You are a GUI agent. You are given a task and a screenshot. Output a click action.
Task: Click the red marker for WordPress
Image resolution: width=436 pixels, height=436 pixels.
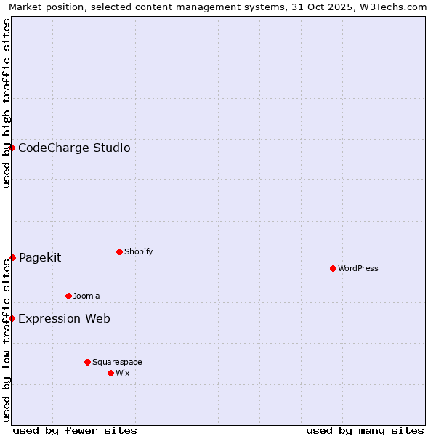(x=333, y=268)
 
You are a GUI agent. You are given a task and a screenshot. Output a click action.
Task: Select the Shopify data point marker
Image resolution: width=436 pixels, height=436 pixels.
(x=119, y=251)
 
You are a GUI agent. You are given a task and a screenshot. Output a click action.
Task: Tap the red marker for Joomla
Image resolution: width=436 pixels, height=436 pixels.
(x=68, y=296)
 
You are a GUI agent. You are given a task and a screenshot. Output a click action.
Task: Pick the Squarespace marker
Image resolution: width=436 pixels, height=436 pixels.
(x=87, y=362)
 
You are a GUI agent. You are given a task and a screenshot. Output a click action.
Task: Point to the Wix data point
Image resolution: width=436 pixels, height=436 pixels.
(x=110, y=373)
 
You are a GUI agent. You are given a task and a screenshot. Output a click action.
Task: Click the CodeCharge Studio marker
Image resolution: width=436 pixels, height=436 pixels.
(x=12, y=148)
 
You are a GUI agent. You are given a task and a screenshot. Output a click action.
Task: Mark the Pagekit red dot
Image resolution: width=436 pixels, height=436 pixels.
(x=12, y=257)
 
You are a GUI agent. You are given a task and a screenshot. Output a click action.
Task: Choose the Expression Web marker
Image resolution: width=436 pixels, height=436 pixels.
(x=12, y=318)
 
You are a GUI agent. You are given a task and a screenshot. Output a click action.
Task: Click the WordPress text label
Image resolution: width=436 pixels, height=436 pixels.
(x=358, y=268)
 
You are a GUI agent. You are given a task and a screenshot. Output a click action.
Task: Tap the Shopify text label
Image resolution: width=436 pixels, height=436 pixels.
(x=139, y=251)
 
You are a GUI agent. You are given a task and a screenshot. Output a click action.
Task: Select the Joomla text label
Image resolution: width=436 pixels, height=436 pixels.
(x=86, y=296)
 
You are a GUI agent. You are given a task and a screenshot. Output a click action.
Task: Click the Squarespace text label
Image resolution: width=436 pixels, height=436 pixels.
(x=117, y=362)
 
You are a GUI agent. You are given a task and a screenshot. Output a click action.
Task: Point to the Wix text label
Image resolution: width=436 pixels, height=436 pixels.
(x=123, y=373)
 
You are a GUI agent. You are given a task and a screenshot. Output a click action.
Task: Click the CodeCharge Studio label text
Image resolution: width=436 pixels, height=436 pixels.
(x=74, y=148)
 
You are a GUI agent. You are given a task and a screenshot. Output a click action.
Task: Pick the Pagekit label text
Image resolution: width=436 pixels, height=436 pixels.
(x=40, y=257)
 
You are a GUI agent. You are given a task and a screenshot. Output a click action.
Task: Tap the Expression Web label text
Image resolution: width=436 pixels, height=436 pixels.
(x=64, y=318)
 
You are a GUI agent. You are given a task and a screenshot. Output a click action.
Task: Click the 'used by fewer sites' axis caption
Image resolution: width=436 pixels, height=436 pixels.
(x=75, y=430)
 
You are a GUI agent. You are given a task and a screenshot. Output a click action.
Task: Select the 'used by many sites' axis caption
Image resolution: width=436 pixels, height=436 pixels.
(x=365, y=430)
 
